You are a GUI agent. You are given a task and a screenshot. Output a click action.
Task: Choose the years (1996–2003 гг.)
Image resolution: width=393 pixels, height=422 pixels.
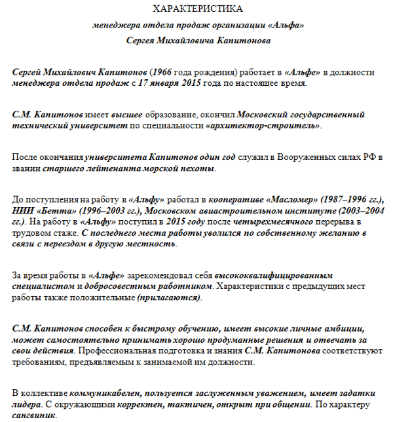(105, 211)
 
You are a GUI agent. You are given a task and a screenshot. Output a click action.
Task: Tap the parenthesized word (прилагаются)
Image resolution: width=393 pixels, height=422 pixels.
(170, 297)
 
